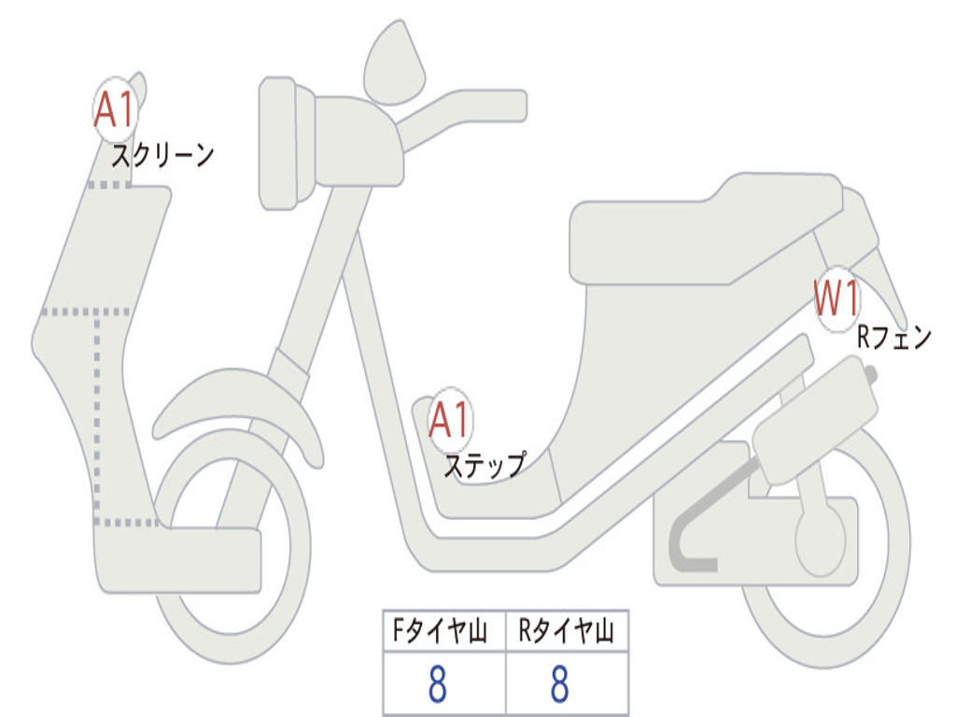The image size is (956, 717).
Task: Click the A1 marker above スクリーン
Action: pos(115,110)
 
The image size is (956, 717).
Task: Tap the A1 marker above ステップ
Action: pos(450,419)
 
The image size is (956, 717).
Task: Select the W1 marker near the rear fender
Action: pos(837,299)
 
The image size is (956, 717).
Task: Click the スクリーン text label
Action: pos(162,156)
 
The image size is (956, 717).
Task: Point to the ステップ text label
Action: pos(485,465)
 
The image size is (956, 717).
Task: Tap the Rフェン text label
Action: pos(894,337)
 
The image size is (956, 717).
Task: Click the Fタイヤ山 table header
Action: pos(440,631)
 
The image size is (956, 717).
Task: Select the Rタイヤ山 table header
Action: pos(567,631)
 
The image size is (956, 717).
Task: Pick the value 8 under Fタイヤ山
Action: pos(438,683)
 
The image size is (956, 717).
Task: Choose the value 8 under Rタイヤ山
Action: pos(560,683)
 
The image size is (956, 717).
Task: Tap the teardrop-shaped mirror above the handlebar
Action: pos(395,63)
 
